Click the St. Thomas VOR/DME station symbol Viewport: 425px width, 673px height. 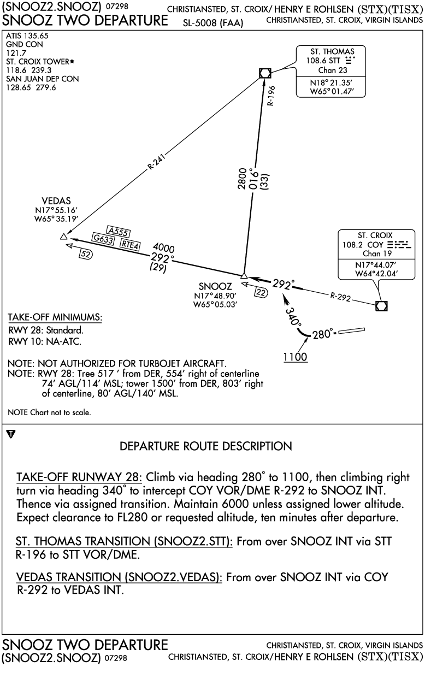(x=265, y=73)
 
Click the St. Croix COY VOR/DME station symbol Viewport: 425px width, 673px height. (x=381, y=306)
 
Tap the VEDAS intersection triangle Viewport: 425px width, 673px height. (x=63, y=237)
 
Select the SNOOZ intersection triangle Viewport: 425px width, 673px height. (x=244, y=275)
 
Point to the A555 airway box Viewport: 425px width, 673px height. (x=119, y=232)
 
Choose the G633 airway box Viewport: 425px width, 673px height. (x=103, y=239)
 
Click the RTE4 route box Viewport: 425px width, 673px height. (x=130, y=245)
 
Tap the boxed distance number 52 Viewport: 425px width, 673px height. (x=86, y=254)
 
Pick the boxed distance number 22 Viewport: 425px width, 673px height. (x=261, y=292)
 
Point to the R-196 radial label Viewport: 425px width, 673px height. (x=271, y=96)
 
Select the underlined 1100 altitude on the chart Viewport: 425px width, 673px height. (x=296, y=357)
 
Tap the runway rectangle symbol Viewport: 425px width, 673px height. (x=351, y=331)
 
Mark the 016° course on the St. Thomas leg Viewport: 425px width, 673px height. (x=254, y=180)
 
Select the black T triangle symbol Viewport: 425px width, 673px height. (x=11, y=434)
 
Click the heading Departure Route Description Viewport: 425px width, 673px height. (x=206, y=446)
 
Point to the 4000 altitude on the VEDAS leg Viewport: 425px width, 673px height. (x=163, y=248)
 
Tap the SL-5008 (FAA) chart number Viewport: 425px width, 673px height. (x=213, y=23)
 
